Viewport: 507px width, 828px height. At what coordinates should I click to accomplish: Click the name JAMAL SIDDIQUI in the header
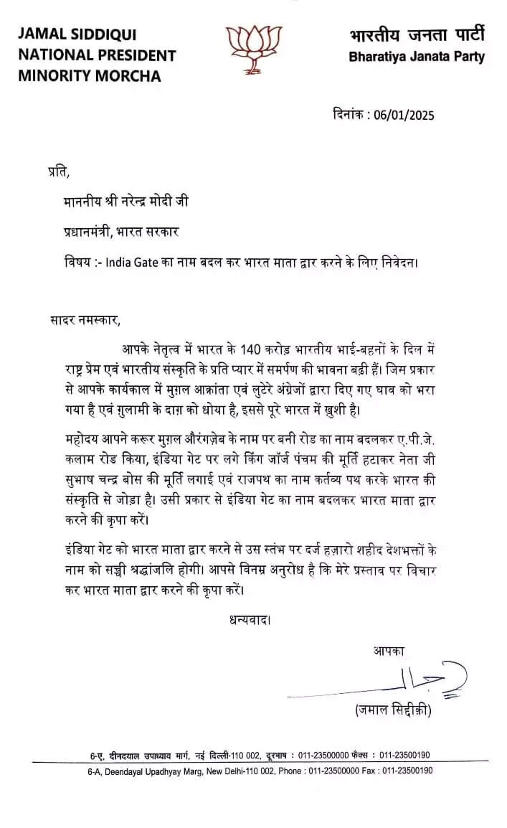(77, 34)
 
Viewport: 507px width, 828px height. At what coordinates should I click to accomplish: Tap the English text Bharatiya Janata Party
(417, 57)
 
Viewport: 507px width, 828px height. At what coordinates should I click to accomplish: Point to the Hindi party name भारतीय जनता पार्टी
(417, 34)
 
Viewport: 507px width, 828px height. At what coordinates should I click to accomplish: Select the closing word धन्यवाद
(245, 618)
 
